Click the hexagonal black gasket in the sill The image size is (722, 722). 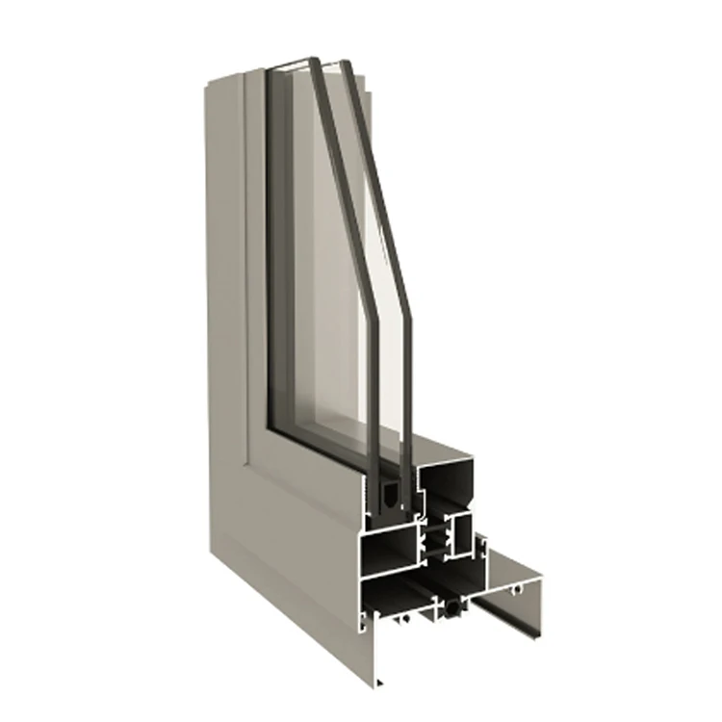(453, 609)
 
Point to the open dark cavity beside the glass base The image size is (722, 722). (447, 491)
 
